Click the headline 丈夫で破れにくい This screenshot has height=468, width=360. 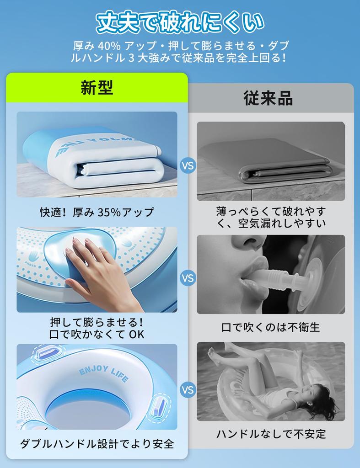point(180,22)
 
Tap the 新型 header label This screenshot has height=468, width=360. point(97,87)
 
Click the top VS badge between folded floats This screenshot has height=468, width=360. point(188,165)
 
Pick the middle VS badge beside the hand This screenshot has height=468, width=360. point(188,278)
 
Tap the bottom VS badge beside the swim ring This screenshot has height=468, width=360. point(188,390)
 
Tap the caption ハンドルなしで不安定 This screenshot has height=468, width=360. point(271,434)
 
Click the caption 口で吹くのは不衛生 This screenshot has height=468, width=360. point(271,327)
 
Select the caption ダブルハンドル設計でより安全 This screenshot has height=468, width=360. point(97,444)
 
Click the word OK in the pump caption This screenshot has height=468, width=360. point(136,334)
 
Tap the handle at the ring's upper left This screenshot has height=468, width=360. point(47,353)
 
